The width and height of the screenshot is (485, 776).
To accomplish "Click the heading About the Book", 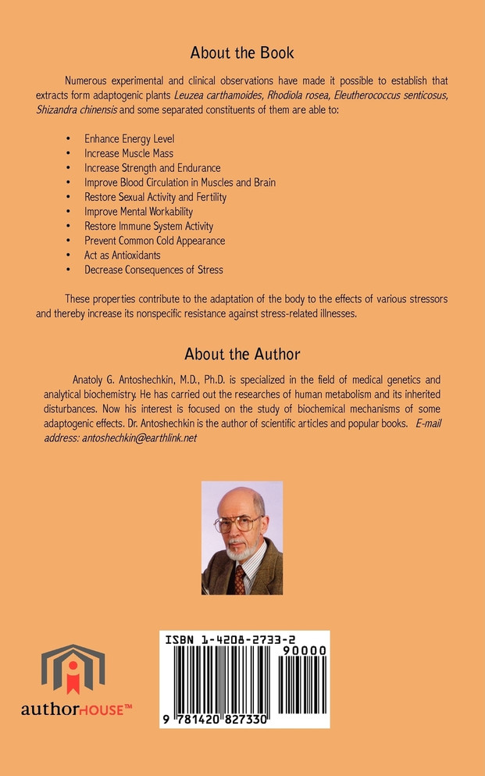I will [x=242, y=54].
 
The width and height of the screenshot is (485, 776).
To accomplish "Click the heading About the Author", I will [x=242, y=354].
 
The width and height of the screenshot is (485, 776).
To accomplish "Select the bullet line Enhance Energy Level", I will [x=130, y=139].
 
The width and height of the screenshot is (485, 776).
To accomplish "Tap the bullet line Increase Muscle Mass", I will [x=129, y=153].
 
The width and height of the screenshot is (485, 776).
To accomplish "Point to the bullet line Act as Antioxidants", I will [x=123, y=256].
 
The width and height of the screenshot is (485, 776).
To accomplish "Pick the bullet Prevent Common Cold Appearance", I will [x=155, y=241].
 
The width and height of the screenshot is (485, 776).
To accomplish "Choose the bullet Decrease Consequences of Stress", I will [x=154, y=270].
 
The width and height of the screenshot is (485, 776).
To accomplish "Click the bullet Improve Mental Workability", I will [x=138, y=212].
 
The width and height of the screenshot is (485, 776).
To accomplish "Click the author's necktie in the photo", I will [x=241, y=579].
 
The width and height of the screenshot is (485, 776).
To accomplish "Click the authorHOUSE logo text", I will [x=76, y=709].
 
